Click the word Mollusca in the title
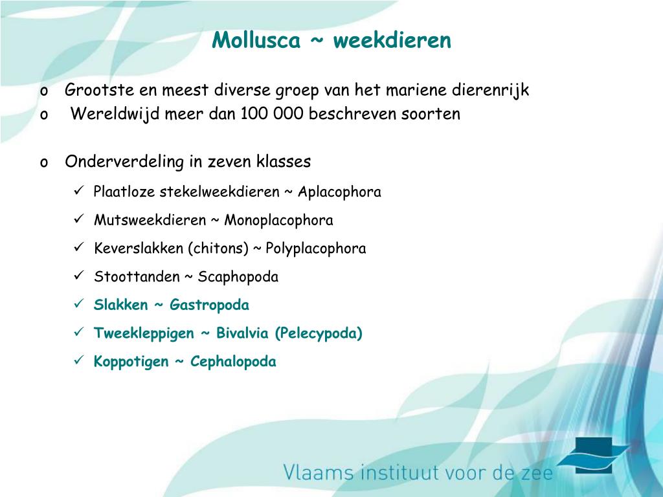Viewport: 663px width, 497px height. click(256, 40)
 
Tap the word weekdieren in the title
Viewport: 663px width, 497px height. click(392, 40)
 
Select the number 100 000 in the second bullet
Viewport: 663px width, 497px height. click(273, 113)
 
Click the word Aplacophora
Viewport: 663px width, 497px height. click(339, 192)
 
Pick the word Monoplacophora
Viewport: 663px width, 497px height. click(278, 220)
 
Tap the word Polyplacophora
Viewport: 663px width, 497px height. click(315, 248)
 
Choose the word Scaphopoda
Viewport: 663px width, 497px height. click(238, 277)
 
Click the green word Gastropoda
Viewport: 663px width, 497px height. click(209, 305)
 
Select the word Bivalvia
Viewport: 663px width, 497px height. click(242, 333)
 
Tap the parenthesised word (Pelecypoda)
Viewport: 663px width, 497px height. click(319, 333)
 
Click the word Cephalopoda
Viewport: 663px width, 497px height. click(233, 361)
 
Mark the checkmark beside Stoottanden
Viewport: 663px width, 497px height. click(79, 276)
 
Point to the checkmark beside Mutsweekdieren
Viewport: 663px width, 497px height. click(79, 219)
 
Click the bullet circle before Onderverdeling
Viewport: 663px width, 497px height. click(44, 163)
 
